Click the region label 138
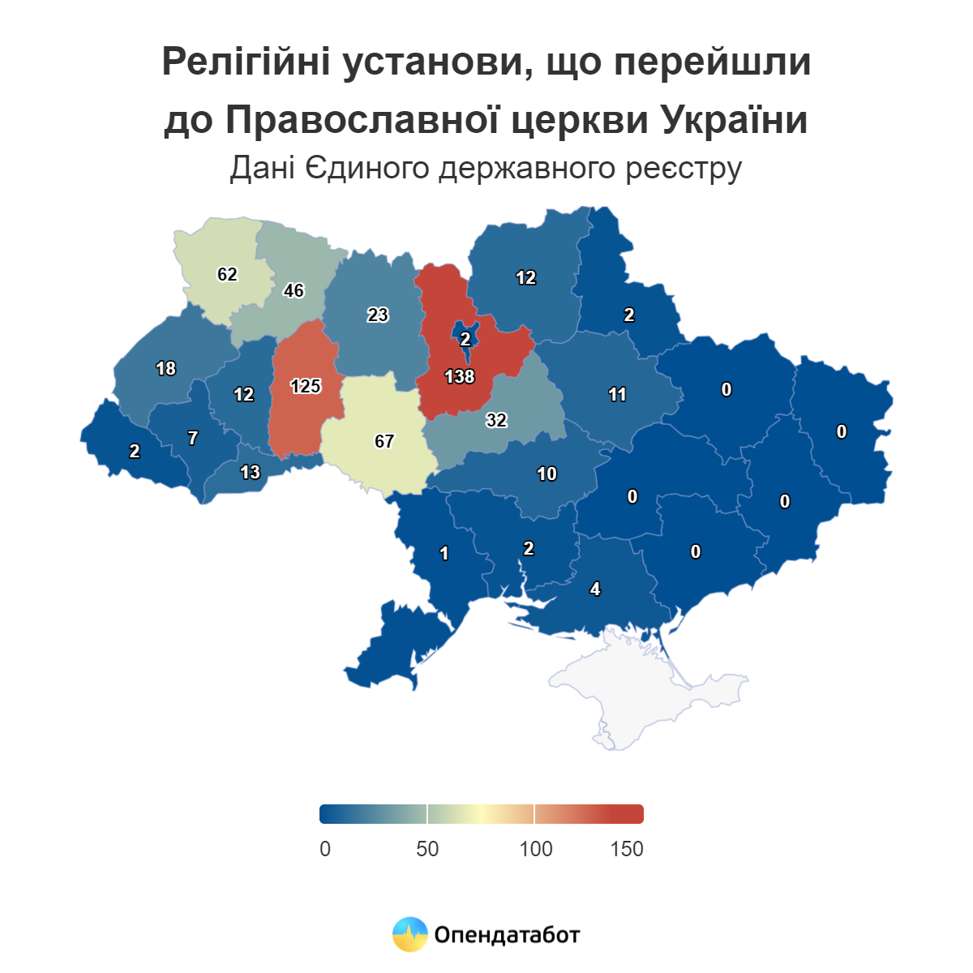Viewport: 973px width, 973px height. tap(459, 376)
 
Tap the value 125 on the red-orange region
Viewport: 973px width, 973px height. tap(306, 386)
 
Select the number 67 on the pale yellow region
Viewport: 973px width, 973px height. tap(384, 441)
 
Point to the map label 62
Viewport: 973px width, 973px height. tap(227, 274)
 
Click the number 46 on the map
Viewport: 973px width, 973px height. tap(294, 290)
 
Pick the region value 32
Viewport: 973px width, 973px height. tap(496, 420)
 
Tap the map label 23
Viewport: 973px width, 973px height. tap(378, 315)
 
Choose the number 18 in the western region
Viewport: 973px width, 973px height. tap(165, 369)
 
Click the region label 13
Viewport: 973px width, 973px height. tap(251, 472)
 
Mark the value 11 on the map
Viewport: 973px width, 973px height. tap(617, 395)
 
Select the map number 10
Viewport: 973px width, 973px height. tap(547, 474)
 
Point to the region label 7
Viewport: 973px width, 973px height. tap(192, 438)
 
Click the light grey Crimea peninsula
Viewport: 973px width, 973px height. tap(641, 689)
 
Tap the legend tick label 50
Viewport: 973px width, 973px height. tap(427, 849)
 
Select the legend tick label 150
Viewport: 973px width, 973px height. tap(627, 849)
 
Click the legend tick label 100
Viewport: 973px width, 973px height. tap(535, 849)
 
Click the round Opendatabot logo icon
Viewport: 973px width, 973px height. tap(409, 934)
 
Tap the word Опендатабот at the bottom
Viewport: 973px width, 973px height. tap(507, 935)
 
